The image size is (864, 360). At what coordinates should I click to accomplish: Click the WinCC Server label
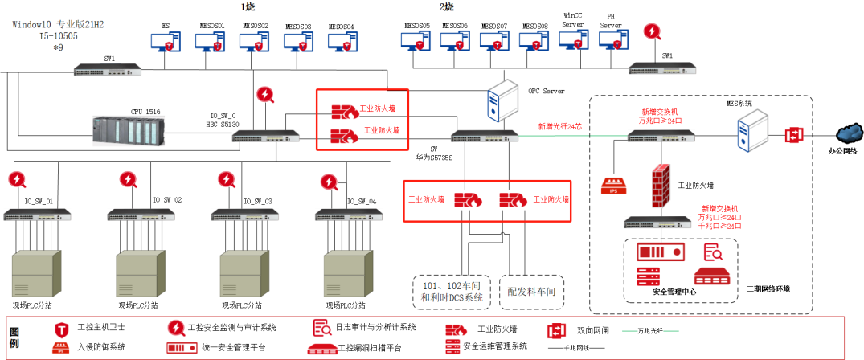coord(573,18)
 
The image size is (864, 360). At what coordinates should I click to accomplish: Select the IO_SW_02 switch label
coord(167,200)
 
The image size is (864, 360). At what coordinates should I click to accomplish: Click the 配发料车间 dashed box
coord(531,290)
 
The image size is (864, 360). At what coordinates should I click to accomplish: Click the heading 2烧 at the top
coord(445,6)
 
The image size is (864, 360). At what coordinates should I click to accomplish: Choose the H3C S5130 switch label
coord(222,125)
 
